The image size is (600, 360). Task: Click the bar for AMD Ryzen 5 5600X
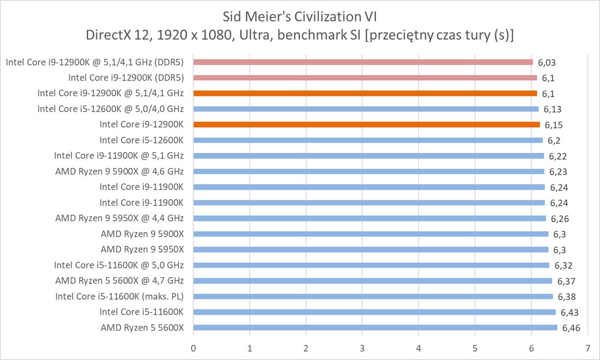click(x=375, y=328)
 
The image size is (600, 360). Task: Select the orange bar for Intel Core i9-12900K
click(x=366, y=125)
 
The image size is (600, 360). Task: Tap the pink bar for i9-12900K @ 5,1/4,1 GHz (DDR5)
click(x=363, y=62)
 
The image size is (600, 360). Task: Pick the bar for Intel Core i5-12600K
click(x=368, y=140)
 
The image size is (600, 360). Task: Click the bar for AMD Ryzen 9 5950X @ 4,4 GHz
click(x=370, y=218)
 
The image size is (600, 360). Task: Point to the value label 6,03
click(x=546, y=63)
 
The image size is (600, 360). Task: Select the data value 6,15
click(x=553, y=125)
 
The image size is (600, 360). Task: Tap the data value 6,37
click(x=566, y=281)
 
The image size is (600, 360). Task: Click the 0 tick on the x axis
click(x=193, y=348)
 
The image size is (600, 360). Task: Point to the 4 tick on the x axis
click(x=419, y=348)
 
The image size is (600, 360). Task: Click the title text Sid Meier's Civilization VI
click(x=300, y=17)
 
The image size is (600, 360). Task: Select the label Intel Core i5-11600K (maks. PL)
click(x=120, y=297)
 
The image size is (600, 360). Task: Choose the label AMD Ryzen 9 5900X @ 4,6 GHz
click(x=120, y=171)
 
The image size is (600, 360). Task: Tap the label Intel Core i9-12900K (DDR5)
click(x=126, y=78)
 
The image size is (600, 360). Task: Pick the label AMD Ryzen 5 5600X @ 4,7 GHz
click(x=120, y=281)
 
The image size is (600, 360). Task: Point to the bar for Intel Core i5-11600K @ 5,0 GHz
click(x=371, y=265)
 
